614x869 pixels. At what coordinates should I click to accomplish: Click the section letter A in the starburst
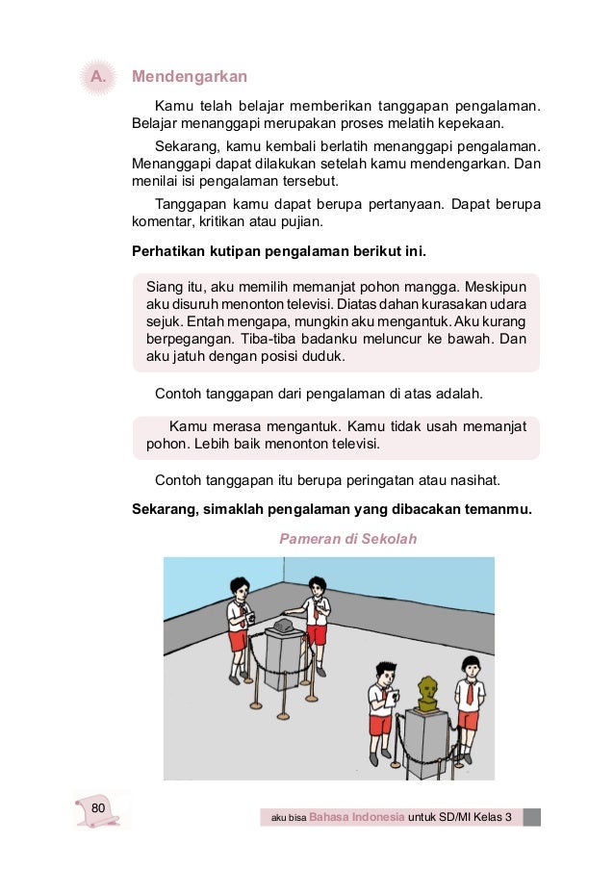click(x=95, y=76)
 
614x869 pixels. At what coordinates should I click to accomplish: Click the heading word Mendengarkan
click(x=190, y=76)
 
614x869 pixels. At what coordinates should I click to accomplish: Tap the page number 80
click(x=97, y=806)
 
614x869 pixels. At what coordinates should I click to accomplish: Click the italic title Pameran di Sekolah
click(x=347, y=539)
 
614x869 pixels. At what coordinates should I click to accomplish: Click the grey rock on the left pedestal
click(x=283, y=626)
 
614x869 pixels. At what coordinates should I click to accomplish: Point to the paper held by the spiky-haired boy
click(x=391, y=693)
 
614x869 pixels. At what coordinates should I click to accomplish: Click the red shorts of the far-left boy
click(x=238, y=640)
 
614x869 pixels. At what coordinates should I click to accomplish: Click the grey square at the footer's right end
click(x=531, y=817)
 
